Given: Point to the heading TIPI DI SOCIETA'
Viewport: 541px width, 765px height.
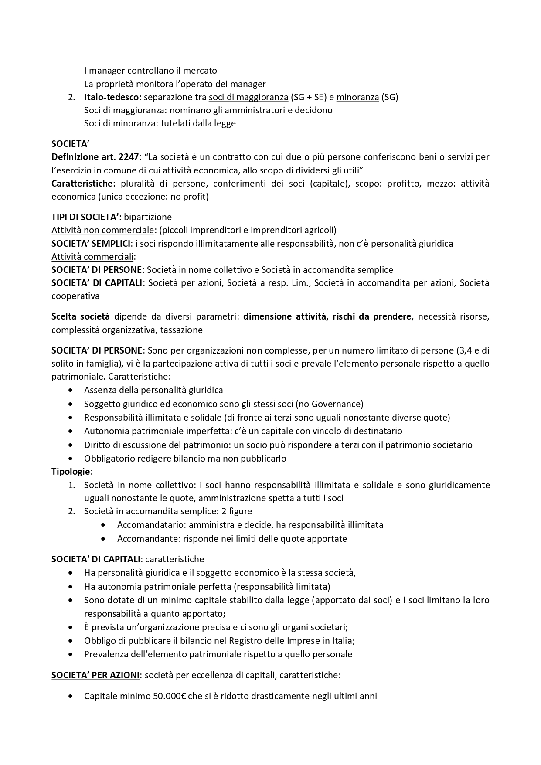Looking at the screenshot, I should pos(86,217).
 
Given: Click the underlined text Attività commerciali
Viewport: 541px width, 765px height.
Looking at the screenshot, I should pos(93,256).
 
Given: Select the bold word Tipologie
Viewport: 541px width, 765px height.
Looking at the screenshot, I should pos(71,471).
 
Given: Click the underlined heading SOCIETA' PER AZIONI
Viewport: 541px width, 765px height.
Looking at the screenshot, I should pos(95,675).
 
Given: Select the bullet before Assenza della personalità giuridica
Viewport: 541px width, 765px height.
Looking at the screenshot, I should pos(71,390).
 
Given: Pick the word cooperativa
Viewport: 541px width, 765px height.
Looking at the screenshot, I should pos(75,296).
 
